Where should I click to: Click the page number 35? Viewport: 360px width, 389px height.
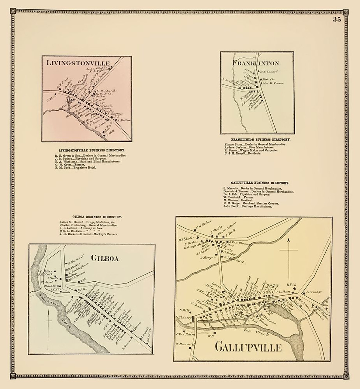point(337,20)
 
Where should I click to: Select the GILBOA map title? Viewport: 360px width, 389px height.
point(105,258)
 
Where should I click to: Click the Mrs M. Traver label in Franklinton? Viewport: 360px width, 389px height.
point(271,83)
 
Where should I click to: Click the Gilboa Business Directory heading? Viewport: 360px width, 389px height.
point(97,217)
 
